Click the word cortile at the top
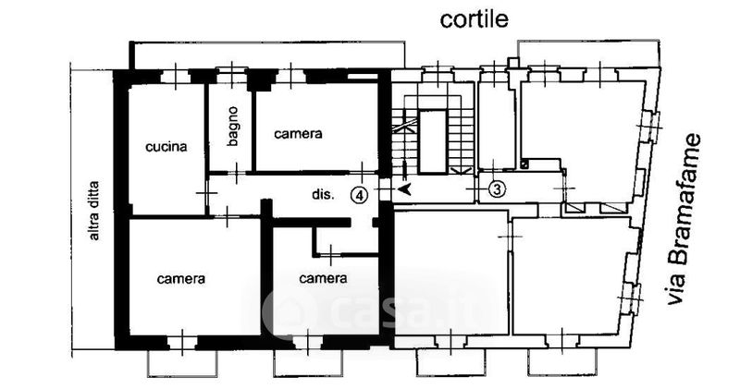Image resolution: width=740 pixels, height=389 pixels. coord(474,18)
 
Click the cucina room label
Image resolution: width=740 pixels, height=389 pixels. coord(166,146)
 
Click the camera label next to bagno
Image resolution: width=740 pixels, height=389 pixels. coord(299,133)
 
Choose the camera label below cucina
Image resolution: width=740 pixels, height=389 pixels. coord(181,277)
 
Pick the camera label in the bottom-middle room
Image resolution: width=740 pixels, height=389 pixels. coord(323,277)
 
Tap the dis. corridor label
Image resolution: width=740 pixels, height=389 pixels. coord(322,195)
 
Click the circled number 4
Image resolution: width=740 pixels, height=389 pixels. coord(360,194)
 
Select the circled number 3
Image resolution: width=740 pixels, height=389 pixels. coord(497,189)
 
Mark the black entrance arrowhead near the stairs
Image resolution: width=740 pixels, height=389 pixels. coord(403,189)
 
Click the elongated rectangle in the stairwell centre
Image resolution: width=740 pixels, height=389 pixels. coord(432,141)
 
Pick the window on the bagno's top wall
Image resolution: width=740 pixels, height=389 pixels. coord(231,75)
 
